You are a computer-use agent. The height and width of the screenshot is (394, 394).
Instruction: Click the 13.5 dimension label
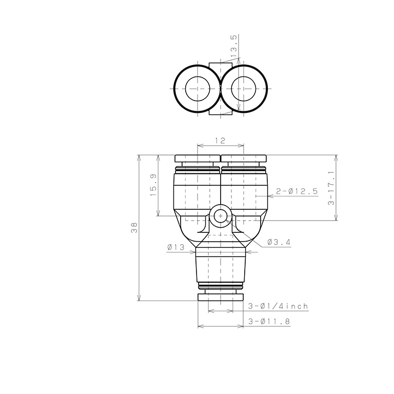click(233, 46)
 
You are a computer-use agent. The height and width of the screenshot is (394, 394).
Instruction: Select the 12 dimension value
click(220, 141)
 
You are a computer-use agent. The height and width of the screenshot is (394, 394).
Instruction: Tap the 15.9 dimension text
click(153, 185)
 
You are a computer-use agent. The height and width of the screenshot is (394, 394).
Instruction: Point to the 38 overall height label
click(134, 228)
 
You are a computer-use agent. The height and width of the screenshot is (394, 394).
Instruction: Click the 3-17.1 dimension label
click(331, 188)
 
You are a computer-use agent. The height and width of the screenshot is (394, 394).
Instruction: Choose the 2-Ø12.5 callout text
click(297, 191)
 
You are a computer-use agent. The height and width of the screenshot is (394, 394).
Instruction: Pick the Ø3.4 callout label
click(279, 242)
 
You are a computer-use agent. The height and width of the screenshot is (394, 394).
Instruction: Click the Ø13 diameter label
click(176, 247)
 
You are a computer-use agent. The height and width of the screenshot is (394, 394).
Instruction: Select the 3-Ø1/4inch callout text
click(278, 306)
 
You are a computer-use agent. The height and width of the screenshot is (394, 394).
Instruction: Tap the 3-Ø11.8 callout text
click(269, 321)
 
